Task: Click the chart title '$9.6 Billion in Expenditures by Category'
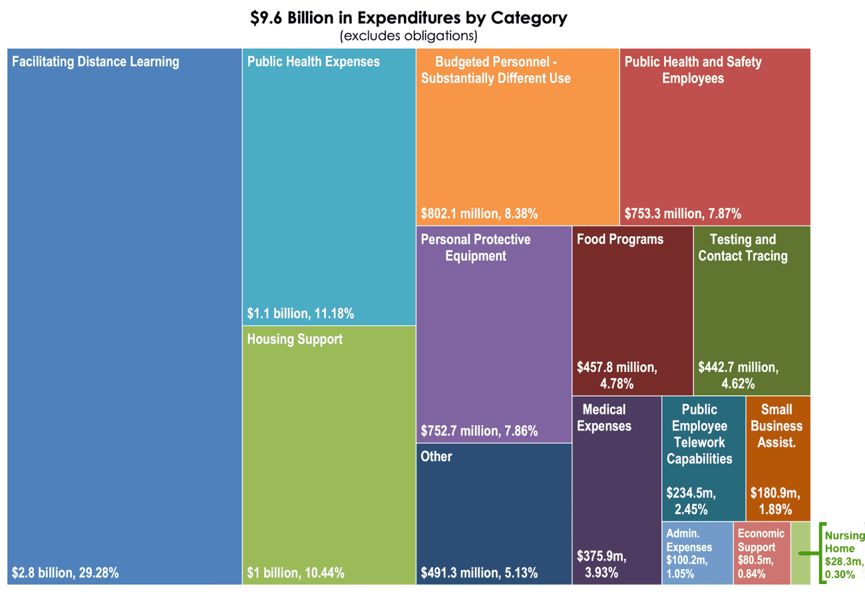(x=408, y=18)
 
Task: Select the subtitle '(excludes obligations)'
(x=408, y=35)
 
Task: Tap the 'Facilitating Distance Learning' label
(x=96, y=62)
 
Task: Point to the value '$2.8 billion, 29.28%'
(x=65, y=572)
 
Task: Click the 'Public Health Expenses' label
(x=313, y=62)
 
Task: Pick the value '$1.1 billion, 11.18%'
(x=300, y=313)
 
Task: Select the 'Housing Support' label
(x=295, y=339)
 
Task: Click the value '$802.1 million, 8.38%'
(x=479, y=214)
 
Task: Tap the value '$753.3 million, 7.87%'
(x=683, y=214)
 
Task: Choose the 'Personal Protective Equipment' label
(x=476, y=247)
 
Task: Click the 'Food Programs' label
(x=620, y=239)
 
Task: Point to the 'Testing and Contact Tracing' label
(x=743, y=247)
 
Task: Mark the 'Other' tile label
(x=436, y=456)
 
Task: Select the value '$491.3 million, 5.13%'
(x=479, y=572)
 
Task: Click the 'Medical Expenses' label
(x=604, y=417)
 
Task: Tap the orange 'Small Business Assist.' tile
(x=777, y=459)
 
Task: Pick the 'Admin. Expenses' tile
(x=697, y=553)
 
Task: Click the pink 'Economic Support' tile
(x=761, y=553)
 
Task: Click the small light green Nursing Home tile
(x=800, y=553)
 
